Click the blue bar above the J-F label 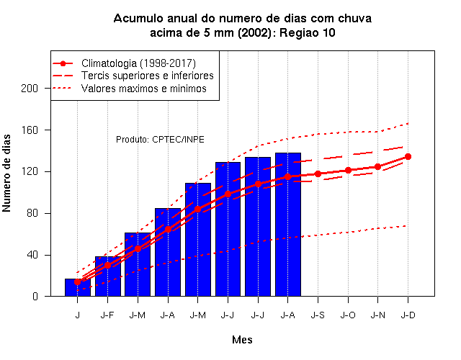click(107, 276)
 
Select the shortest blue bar click(78, 287)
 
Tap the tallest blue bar click(288, 225)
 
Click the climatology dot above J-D click(408, 157)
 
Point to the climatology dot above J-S click(318, 174)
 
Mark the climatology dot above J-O click(348, 170)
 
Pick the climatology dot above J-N click(377, 167)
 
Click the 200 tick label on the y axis click(30, 88)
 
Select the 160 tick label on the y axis click(30, 130)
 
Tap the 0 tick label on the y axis click(35, 296)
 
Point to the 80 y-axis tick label click(32, 213)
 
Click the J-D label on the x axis click(408, 315)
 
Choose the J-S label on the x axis click(318, 315)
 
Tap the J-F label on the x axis click(107, 315)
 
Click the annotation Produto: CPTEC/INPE click(160, 139)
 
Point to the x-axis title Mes click(242, 340)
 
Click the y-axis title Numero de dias click(6, 173)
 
